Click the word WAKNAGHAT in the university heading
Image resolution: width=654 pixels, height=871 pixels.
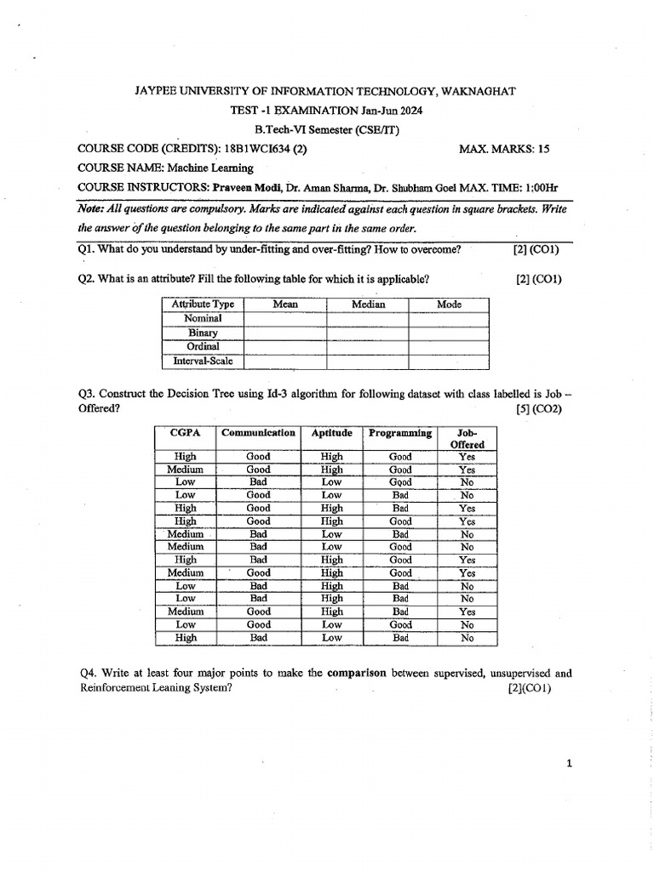click(x=479, y=91)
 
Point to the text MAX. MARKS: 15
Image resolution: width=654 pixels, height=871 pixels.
click(x=504, y=149)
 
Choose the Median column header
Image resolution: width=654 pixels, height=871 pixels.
click(x=368, y=305)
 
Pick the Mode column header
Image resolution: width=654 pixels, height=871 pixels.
click(x=449, y=305)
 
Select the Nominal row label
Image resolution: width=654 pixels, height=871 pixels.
click(x=203, y=318)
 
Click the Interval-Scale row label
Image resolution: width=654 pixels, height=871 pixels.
click(x=203, y=361)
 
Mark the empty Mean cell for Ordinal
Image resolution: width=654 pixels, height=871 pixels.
click(x=284, y=347)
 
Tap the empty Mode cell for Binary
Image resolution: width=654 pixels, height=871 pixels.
click(x=449, y=333)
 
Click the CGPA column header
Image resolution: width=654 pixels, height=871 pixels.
click(x=185, y=433)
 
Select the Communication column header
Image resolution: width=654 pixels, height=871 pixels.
click(x=258, y=433)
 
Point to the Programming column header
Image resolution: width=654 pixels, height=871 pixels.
click(x=400, y=433)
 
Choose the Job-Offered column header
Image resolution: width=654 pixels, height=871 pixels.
click(x=467, y=439)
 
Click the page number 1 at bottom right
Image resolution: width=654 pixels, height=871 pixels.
click(x=568, y=764)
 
